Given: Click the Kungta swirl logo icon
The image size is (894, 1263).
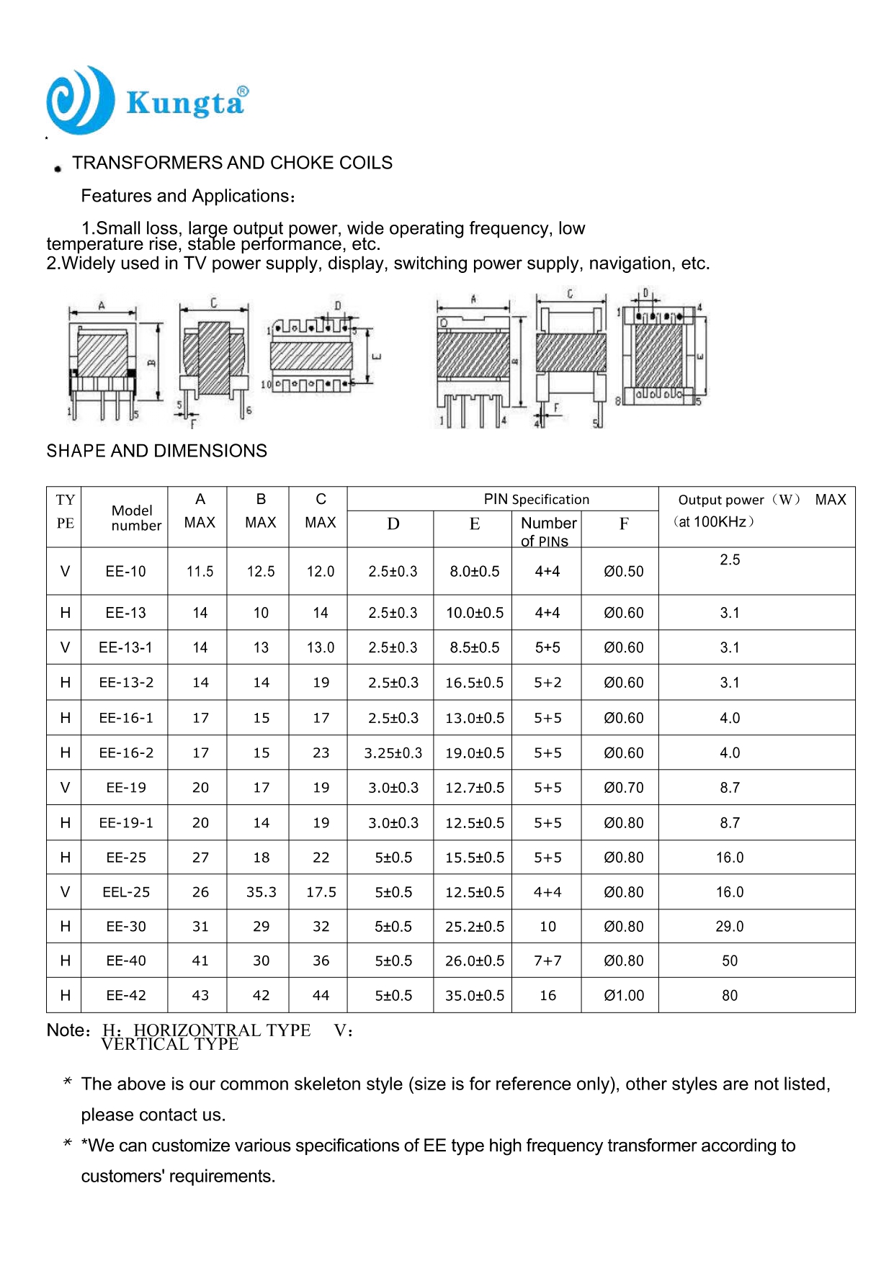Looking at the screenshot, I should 80,101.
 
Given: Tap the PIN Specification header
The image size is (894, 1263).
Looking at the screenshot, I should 536,499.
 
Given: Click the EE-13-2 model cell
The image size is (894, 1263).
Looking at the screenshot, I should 126,683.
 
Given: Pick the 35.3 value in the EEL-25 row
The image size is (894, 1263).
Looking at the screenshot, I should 261,892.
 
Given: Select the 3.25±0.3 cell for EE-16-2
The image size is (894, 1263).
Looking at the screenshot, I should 393,753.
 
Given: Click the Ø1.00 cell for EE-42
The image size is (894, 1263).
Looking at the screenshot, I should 623,996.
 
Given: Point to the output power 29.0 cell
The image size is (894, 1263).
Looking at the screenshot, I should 729,927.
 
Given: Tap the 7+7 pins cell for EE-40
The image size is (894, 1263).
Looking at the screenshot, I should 547,961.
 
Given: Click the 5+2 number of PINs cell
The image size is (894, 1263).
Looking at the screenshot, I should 547,683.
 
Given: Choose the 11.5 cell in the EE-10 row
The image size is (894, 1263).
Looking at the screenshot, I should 200,572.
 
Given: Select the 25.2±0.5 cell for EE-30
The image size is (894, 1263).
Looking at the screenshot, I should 474,927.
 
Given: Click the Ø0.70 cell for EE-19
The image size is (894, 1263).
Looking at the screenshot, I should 623,788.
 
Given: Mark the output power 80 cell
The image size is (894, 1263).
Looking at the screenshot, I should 729,996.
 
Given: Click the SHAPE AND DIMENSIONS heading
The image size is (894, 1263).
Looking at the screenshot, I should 156,451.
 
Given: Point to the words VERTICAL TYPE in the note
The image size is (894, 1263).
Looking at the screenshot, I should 169,1045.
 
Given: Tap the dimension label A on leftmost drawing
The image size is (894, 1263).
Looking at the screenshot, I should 102,306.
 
